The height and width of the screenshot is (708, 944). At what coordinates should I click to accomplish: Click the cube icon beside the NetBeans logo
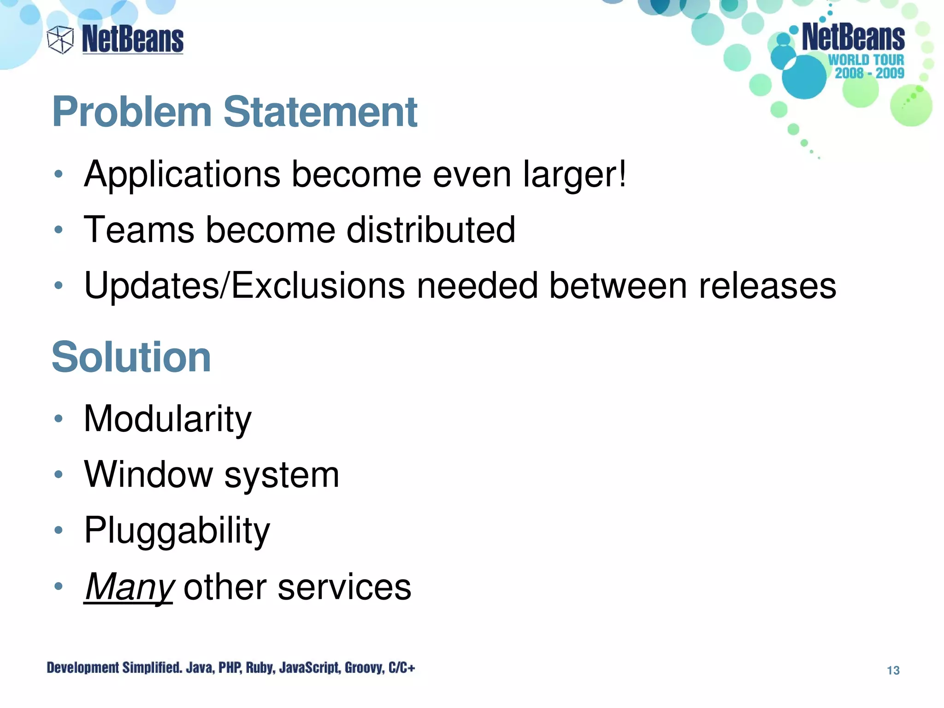tap(60, 40)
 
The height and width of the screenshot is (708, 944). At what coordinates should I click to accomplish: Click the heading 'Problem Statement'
tap(235, 112)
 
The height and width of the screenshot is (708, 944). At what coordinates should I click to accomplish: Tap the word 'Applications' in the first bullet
tap(182, 175)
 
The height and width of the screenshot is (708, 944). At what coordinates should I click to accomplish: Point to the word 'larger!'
tap(574, 175)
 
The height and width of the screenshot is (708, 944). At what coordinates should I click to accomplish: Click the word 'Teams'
tap(139, 230)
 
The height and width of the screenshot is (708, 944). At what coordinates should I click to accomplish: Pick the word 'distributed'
tap(431, 230)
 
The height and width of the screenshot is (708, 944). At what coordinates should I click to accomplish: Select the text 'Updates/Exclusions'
tap(244, 285)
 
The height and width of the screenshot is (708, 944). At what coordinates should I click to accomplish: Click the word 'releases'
tap(767, 285)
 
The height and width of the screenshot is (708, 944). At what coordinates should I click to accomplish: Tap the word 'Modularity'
tap(168, 419)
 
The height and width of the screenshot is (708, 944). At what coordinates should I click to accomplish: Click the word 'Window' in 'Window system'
tap(148, 474)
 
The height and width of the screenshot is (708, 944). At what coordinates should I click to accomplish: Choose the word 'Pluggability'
tap(177, 531)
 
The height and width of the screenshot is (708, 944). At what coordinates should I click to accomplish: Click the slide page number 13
tap(893, 670)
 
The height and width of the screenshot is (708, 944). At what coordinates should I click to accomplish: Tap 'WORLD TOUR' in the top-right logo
tap(866, 60)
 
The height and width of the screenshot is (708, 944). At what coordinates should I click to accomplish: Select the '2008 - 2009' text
tap(869, 73)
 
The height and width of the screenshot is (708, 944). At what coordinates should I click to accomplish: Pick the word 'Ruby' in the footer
tap(260, 667)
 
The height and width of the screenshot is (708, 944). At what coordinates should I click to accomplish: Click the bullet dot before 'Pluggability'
tap(58, 531)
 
